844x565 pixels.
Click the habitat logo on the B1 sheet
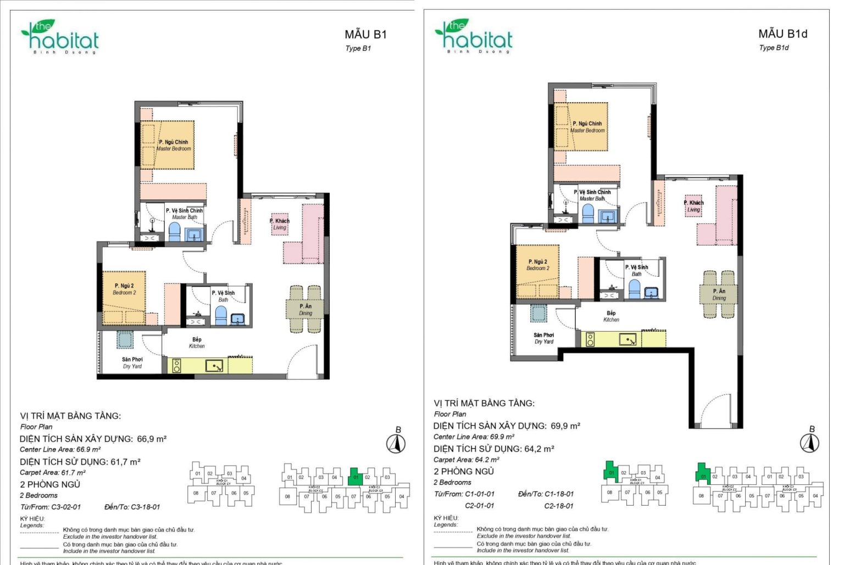pyautogui.click(x=60, y=37)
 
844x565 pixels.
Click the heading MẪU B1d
pyautogui.click(x=782, y=34)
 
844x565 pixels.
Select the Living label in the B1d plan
pyautogui.click(x=694, y=206)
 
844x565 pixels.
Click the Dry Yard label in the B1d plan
pyautogui.click(x=544, y=338)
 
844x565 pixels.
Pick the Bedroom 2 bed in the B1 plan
pyautogui.click(x=124, y=297)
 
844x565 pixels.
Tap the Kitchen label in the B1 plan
pyautogui.click(x=197, y=343)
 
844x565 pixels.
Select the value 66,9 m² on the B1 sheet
pyautogui.click(x=152, y=439)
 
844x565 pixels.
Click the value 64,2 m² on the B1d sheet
pyautogui.click(x=539, y=449)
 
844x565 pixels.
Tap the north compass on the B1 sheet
pyautogui.click(x=396, y=443)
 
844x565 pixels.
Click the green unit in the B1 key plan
pyautogui.click(x=356, y=477)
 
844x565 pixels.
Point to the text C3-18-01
pyautogui.click(x=146, y=507)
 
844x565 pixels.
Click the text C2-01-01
pyautogui.click(x=480, y=506)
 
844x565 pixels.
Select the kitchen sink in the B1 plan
pyautogui.click(x=214, y=366)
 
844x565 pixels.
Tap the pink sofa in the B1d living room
pyautogui.click(x=725, y=215)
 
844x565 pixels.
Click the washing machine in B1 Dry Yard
pyautogui.click(x=125, y=340)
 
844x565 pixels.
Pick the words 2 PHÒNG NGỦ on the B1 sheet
pyautogui.click(x=50, y=484)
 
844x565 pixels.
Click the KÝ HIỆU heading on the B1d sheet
pyautogui.click(x=446, y=518)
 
